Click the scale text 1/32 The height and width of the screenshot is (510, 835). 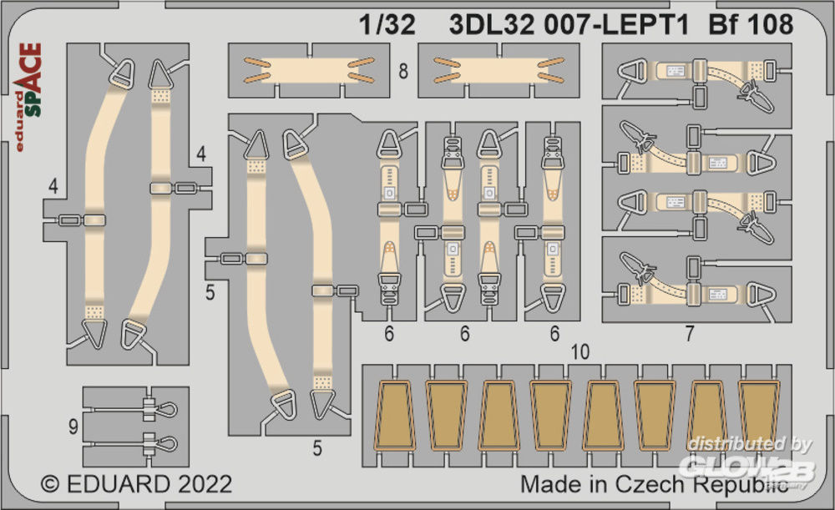point(387,25)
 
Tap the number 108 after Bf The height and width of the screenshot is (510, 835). point(770,25)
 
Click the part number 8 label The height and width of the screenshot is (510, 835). point(403,71)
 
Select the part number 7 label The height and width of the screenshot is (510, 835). point(690,334)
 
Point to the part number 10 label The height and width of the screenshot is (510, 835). point(580,352)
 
